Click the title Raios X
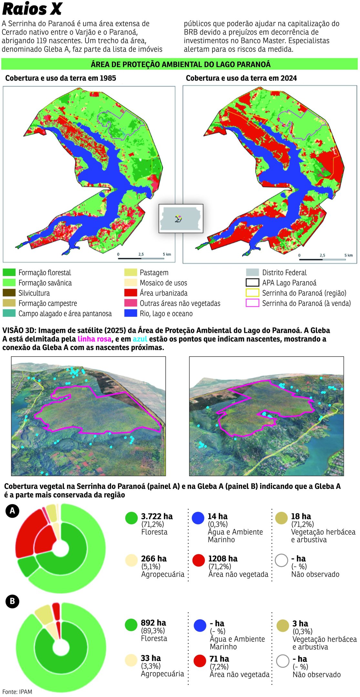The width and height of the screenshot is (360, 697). [32, 9]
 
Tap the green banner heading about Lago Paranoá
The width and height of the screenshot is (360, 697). [180, 64]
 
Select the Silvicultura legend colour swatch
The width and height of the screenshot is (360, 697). [9, 293]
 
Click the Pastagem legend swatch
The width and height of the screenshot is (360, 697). [130, 272]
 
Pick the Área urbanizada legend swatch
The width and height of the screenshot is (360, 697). [130, 293]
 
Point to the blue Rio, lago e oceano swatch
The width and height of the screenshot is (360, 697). [130, 313]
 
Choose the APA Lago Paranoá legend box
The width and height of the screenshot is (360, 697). [252, 283]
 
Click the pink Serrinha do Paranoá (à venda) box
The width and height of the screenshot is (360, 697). [252, 303]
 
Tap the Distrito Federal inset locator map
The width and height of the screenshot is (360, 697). [181, 218]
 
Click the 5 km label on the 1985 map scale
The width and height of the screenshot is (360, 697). [167, 254]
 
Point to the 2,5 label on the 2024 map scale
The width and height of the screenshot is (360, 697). [322, 255]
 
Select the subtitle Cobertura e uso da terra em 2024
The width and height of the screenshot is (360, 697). [241, 78]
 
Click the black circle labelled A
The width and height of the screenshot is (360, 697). [12, 511]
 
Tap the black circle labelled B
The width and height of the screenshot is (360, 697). [12, 601]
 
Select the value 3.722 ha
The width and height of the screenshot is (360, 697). [157, 516]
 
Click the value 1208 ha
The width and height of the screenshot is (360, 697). [222, 559]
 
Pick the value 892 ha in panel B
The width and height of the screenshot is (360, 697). [153, 623]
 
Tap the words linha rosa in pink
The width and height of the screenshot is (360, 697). [94, 339]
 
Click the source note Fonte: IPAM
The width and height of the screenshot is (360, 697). [17, 692]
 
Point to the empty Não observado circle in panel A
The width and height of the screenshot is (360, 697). [281, 561]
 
